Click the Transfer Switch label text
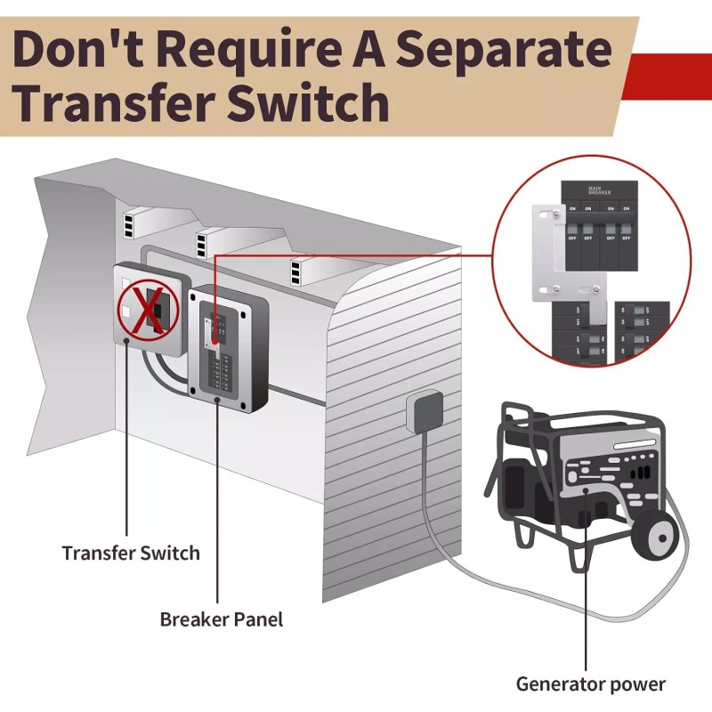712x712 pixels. [x=131, y=553]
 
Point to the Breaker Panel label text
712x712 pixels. [x=222, y=618]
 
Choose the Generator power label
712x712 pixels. [x=591, y=684]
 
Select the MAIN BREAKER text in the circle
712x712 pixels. [x=600, y=191]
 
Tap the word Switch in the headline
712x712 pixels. [x=307, y=103]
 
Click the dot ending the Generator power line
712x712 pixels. [x=585, y=489]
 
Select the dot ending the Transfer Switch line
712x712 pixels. [x=127, y=340]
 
